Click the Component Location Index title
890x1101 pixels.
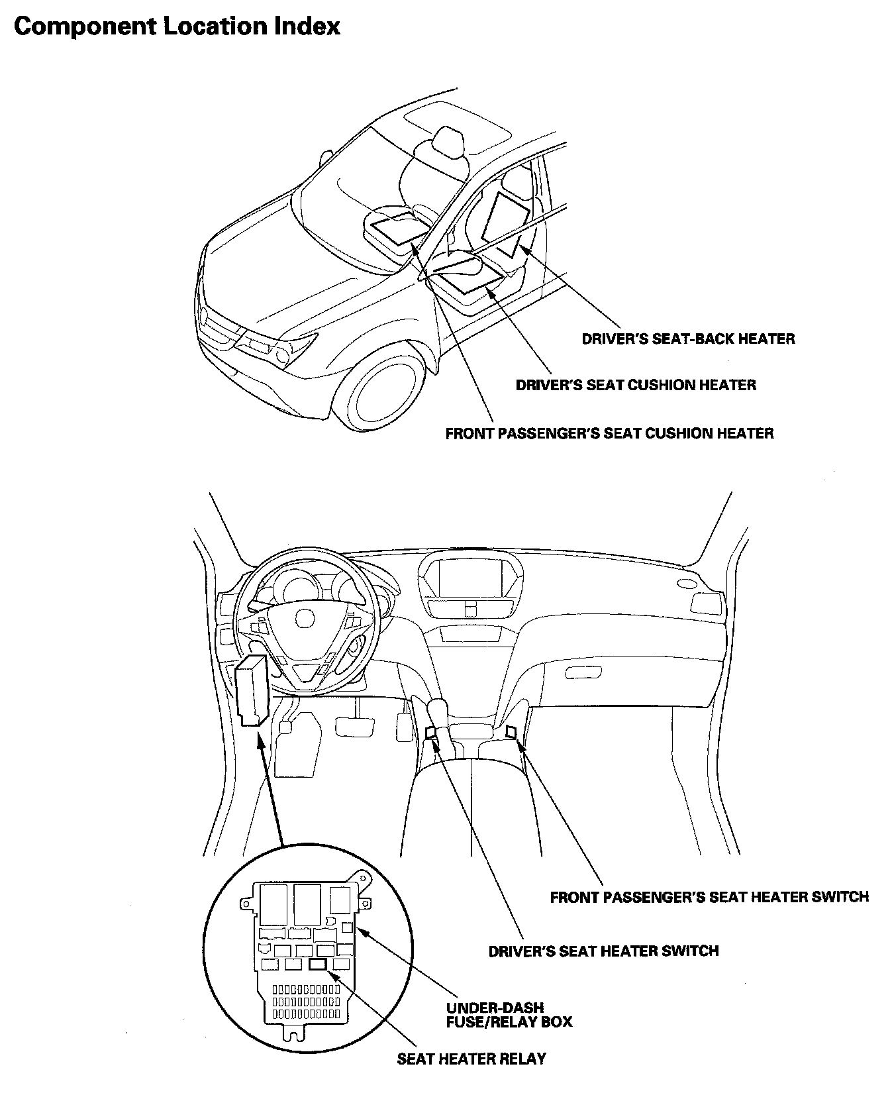pos(177,26)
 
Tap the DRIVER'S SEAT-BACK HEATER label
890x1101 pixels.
pos(688,339)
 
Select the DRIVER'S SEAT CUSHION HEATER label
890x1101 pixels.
pos(636,385)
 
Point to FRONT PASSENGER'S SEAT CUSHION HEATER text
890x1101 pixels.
pos(609,434)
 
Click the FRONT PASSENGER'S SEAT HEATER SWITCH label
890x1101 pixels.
pos(709,897)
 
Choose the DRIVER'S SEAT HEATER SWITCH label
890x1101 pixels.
pos(603,951)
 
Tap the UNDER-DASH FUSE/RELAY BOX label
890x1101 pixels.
pos(509,1014)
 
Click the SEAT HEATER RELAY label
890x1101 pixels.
pos(471,1059)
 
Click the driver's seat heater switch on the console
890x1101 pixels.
pos(431,732)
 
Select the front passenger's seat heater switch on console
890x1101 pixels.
pos(511,731)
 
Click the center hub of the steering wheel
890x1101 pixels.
pos(306,619)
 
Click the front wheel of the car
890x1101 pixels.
pos(387,393)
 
